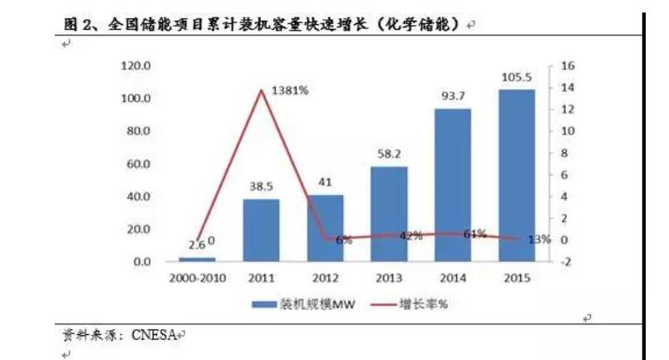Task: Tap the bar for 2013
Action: click(388, 214)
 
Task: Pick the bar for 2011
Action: click(262, 229)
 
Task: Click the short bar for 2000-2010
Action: click(198, 259)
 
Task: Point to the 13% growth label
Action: click(539, 239)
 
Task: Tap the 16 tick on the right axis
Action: click(568, 66)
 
